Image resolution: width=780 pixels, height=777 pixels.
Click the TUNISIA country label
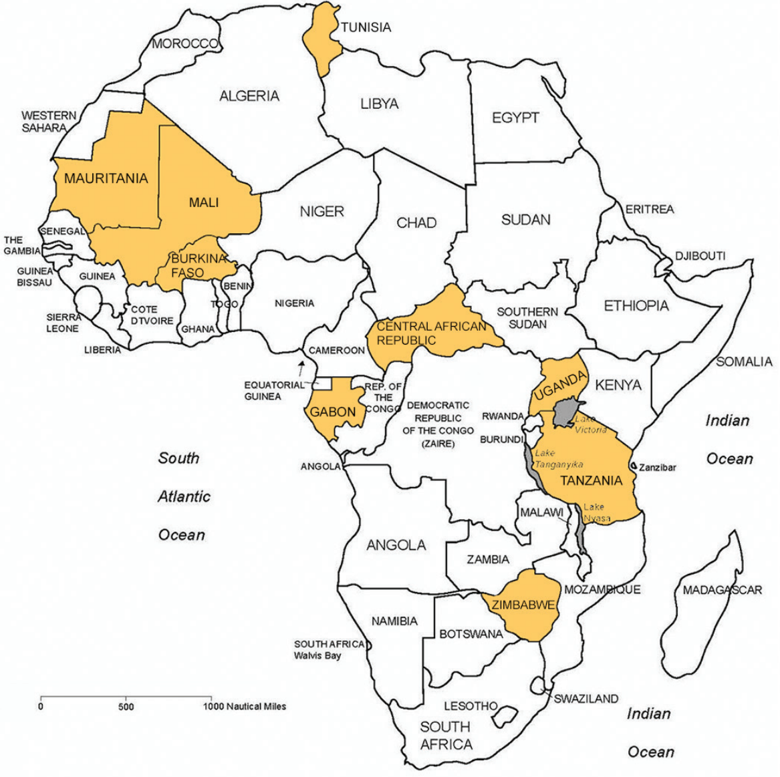(366, 27)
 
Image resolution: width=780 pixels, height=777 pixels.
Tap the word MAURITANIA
(106, 178)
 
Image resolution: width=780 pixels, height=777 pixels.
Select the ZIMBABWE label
(523, 605)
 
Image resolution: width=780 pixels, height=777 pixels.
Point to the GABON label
(332, 412)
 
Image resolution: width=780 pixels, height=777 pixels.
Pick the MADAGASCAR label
(722, 590)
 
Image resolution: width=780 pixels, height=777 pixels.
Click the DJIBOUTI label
(700, 256)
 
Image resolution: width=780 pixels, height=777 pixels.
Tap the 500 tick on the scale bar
(126, 706)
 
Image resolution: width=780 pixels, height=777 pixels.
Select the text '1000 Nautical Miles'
(245, 706)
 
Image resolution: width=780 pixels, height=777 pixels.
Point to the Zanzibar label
(658, 467)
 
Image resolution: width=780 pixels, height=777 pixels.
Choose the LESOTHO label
(471, 706)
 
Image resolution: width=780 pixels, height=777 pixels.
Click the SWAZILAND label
(586, 699)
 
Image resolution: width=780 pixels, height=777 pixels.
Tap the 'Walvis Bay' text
(317, 655)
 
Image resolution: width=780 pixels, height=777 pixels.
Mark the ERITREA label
(649, 209)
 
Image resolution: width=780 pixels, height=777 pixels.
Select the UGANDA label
(559, 386)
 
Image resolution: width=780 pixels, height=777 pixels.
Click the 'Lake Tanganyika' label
(559, 458)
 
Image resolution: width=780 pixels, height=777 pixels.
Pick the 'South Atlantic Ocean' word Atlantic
(184, 496)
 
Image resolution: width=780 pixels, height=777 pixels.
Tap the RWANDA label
(503, 416)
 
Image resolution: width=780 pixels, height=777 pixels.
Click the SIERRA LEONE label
(63, 323)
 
